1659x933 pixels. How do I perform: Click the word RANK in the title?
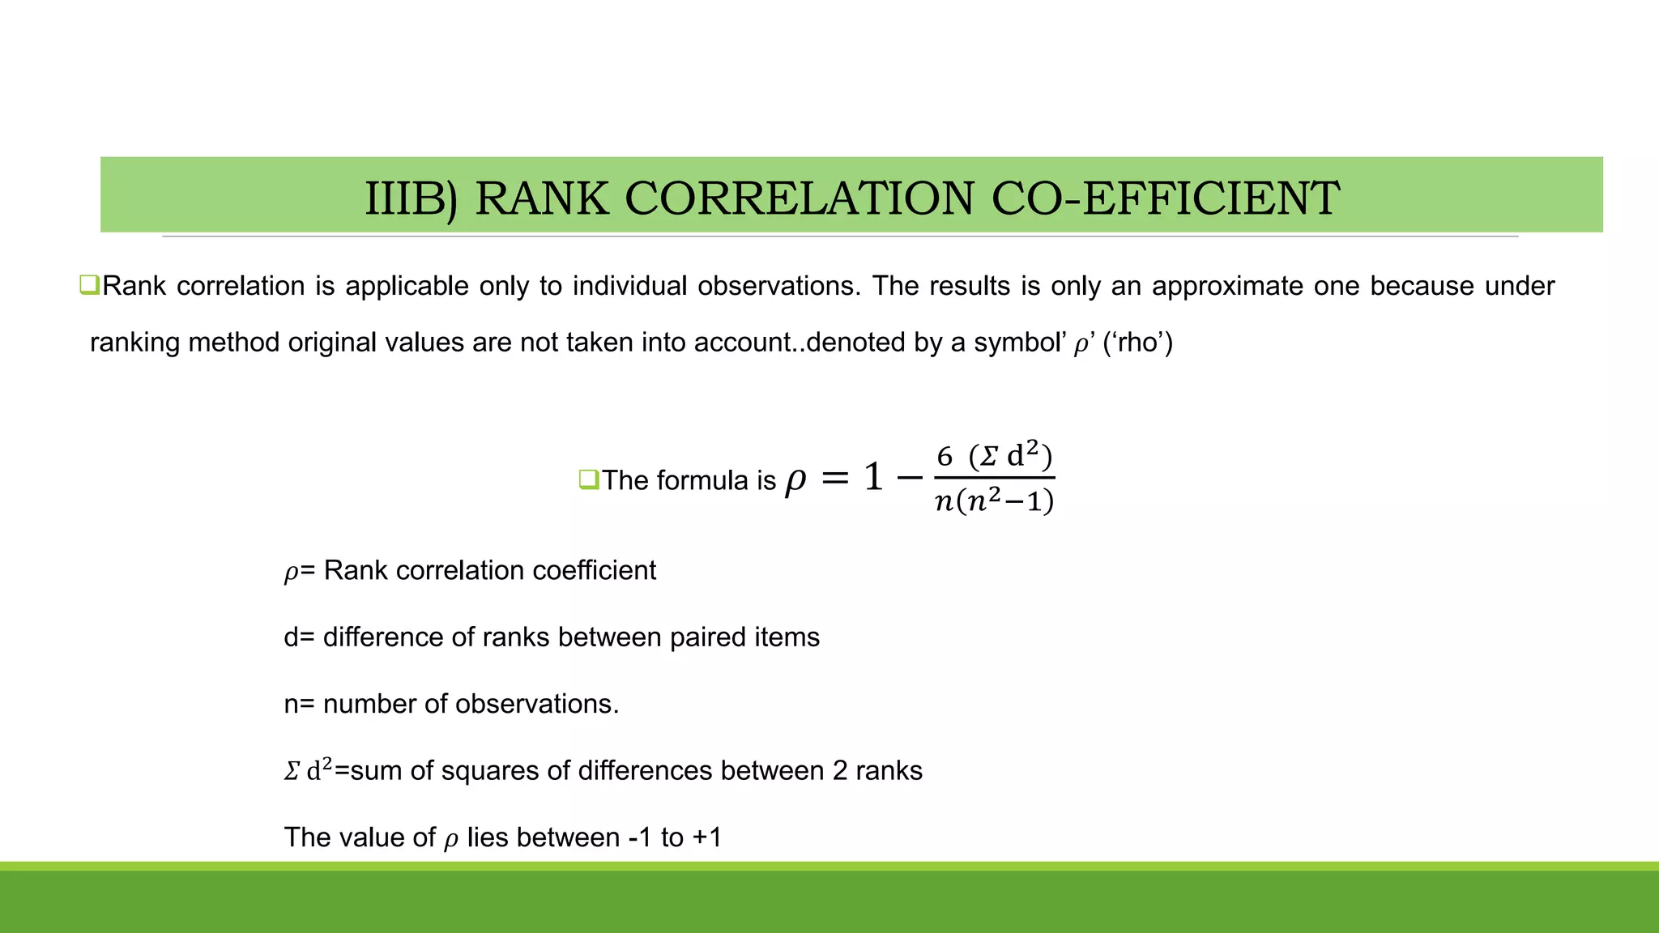click(x=541, y=198)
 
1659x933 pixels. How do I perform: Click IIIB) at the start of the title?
click(x=411, y=198)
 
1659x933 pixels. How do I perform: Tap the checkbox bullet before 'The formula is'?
click(x=588, y=479)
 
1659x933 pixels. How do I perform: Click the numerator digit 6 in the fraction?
click(x=945, y=457)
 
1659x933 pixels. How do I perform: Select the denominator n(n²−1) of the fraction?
click(x=994, y=502)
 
